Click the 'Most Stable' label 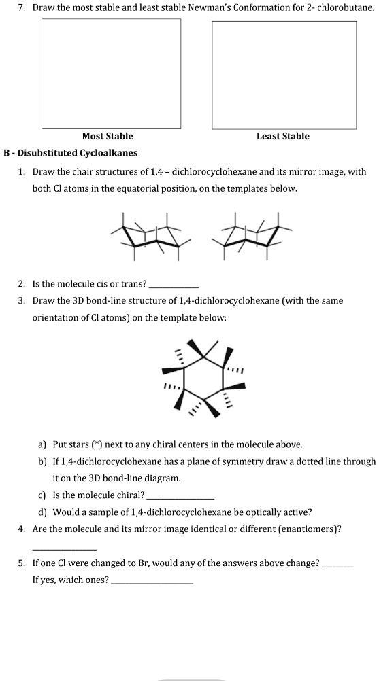108,136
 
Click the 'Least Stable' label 282,136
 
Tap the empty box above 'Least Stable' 284,75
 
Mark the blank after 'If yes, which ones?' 152,582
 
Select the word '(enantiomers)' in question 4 312,529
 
